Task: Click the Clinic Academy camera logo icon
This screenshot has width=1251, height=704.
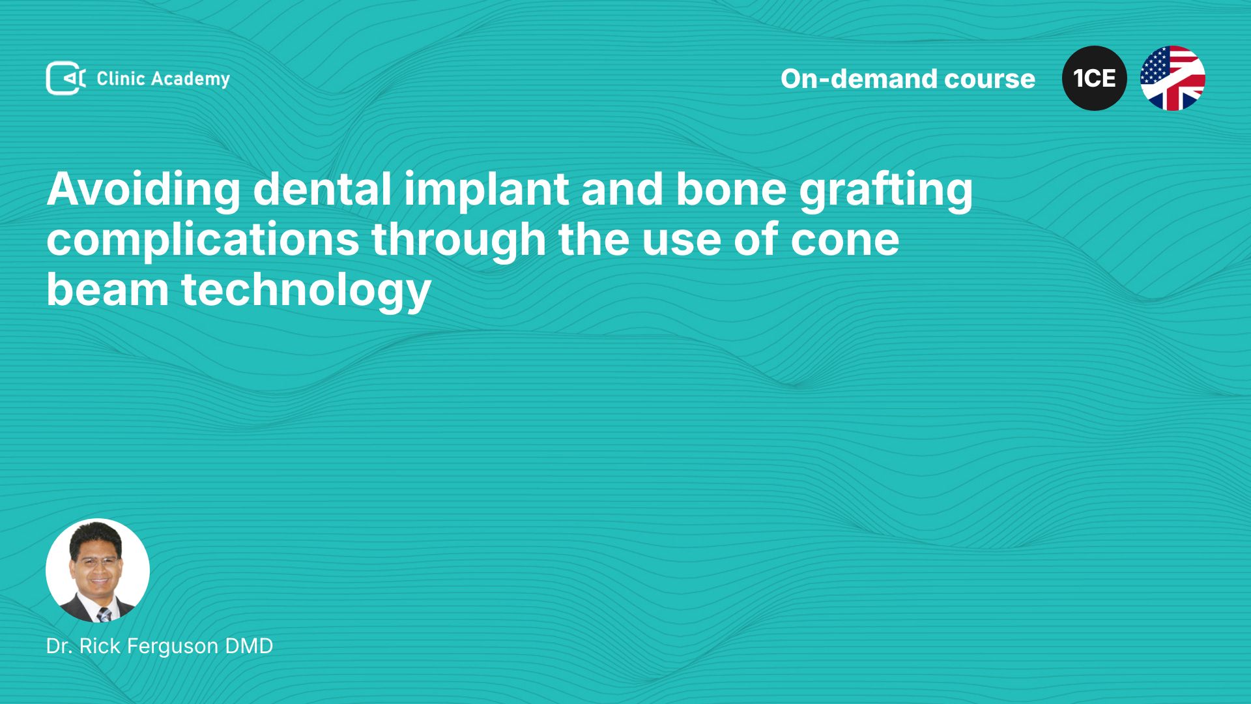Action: click(66, 78)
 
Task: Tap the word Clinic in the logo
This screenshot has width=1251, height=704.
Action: click(121, 78)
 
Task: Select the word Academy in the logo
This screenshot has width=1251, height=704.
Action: click(191, 80)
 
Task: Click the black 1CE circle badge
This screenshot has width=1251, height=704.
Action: click(1095, 78)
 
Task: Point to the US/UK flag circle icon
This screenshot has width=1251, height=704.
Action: click(1173, 78)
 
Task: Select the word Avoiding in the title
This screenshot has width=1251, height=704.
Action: click(143, 190)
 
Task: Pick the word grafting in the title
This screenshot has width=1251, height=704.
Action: click(886, 190)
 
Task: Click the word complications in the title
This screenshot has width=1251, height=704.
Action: click(203, 240)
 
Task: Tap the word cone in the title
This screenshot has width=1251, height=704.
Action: click(845, 240)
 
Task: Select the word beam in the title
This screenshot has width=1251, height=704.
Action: click(108, 290)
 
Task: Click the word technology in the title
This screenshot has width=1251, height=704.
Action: click(306, 290)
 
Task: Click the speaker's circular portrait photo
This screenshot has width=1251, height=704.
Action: click(98, 570)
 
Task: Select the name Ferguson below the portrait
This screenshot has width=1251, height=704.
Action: click(172, 646)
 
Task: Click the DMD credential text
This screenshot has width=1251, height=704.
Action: click(249, 646)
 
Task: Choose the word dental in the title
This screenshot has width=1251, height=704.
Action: click(322, 190)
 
